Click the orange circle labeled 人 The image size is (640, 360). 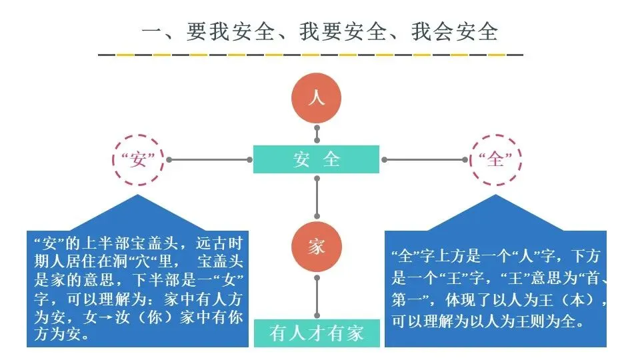316,99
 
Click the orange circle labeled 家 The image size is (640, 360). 316,247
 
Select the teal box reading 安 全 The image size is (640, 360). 316,159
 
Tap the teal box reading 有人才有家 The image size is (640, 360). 317,333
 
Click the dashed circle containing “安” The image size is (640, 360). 137,160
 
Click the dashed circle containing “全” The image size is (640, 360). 496,160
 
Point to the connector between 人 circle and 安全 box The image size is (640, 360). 317,135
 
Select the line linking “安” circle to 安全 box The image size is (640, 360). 210,160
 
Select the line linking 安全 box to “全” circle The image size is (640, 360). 424,160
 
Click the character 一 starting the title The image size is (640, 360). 153,32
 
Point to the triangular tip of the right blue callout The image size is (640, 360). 495,197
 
